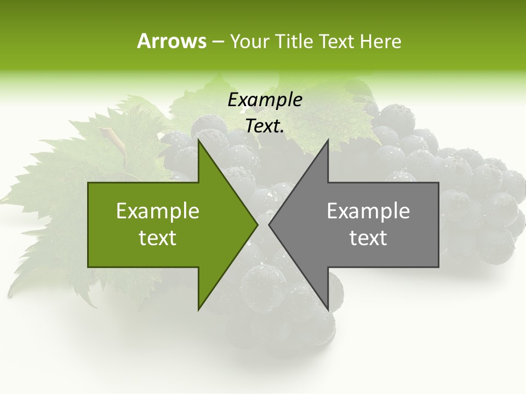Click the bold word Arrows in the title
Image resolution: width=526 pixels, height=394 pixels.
click(x=171, y=41)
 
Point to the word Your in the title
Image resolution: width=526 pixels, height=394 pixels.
click(x=249, y=41)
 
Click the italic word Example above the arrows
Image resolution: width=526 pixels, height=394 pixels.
click(x=265, y=100)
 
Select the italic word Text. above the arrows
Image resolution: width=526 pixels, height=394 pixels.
click(x=265, y=126)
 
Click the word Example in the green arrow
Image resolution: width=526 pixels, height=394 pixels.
click(x=158, y=211)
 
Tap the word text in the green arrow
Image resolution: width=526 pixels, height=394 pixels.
click(x=158, y=237)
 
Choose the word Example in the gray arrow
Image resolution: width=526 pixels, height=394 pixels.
click(x=368, y=211)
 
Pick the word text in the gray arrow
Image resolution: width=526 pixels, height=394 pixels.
click(x=368, y=237)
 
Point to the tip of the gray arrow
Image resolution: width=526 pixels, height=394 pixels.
click(x=270, y=224)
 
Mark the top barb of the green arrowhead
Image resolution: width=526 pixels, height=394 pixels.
click(x=199, y=141)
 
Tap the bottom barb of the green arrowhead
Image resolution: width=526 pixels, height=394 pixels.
click(x=199, y=309)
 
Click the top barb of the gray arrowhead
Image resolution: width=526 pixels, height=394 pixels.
click(x=328, y=141)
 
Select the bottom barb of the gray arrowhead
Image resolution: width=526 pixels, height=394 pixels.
click(x=328, y=309)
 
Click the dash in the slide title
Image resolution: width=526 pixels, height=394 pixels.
click(x=217, y=42)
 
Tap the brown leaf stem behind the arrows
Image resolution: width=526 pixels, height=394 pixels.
click(x=110, y=136)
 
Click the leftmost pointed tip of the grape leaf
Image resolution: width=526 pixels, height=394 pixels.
click(x=3, y=198)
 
